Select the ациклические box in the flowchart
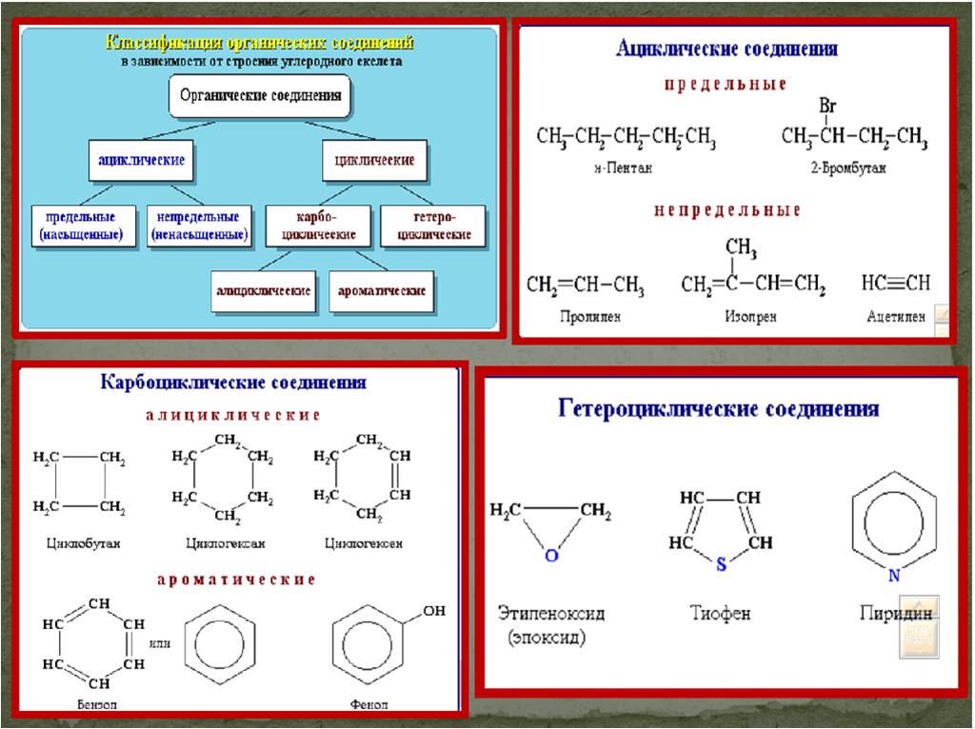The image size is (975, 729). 141,161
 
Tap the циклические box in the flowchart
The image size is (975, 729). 374,161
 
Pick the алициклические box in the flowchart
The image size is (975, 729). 264,290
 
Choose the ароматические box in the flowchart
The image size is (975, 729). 382,290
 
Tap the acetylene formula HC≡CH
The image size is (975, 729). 895,283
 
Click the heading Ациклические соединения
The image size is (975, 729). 727,49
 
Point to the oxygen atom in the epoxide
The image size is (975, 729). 550,555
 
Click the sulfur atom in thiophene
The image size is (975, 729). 721,563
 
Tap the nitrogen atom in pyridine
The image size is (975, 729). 893,575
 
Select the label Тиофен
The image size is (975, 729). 720,613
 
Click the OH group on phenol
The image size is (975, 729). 433,611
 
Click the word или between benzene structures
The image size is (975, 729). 160,643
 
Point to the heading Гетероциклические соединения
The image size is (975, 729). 718,409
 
